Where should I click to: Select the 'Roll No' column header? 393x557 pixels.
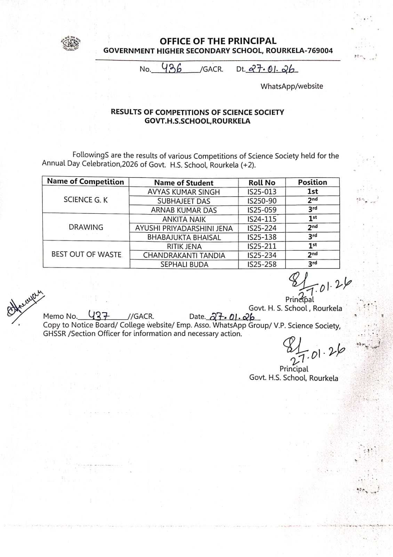click(262, 183)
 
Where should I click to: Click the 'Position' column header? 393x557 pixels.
click(312, 182)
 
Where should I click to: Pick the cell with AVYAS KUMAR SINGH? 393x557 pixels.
click(184, 192)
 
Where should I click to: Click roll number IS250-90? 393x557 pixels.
click(262, 201)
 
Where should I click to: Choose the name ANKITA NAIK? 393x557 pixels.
click(184, 219)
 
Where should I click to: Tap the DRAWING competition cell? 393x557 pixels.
click(86, 227)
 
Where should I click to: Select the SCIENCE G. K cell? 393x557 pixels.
click(86, 199)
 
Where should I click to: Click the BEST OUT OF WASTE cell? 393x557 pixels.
click(86, 254)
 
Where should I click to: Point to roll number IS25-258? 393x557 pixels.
click(262, 264)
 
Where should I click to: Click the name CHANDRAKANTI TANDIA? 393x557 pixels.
click(184, 255)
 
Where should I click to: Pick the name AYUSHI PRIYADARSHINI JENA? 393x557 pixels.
click(184, 228)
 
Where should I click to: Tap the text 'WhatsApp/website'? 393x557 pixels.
click(291, 86)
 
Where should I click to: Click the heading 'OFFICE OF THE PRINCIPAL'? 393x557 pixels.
click(218, 41)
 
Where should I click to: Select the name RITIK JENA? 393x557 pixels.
click(184, 246)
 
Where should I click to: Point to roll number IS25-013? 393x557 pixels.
click(262, 192)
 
